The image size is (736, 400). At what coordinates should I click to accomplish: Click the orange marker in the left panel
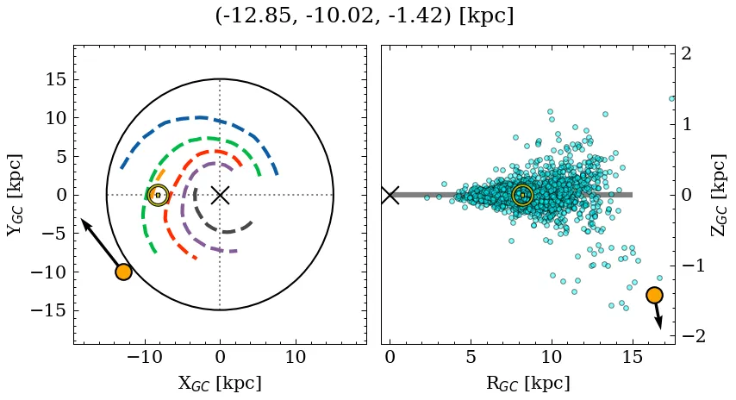coord(123,272)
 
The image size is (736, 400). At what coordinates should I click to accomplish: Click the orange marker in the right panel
coord(654,295)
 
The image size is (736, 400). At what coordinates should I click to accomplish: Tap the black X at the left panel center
coord(220,195)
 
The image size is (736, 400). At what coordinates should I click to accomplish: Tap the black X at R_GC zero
coord(390,195)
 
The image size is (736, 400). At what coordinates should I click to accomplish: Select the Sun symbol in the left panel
coord(157,195)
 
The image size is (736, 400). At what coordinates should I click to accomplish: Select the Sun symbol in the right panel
coord(522,195)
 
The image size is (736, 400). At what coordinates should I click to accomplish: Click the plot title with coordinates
coord(364,16)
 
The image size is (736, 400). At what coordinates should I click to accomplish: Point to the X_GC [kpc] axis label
coord(220,383)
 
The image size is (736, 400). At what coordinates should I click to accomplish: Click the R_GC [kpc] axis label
coord(527,383)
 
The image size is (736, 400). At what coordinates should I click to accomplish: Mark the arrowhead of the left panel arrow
coord(84,222)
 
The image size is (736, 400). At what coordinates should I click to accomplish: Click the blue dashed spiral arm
coord(198,117)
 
